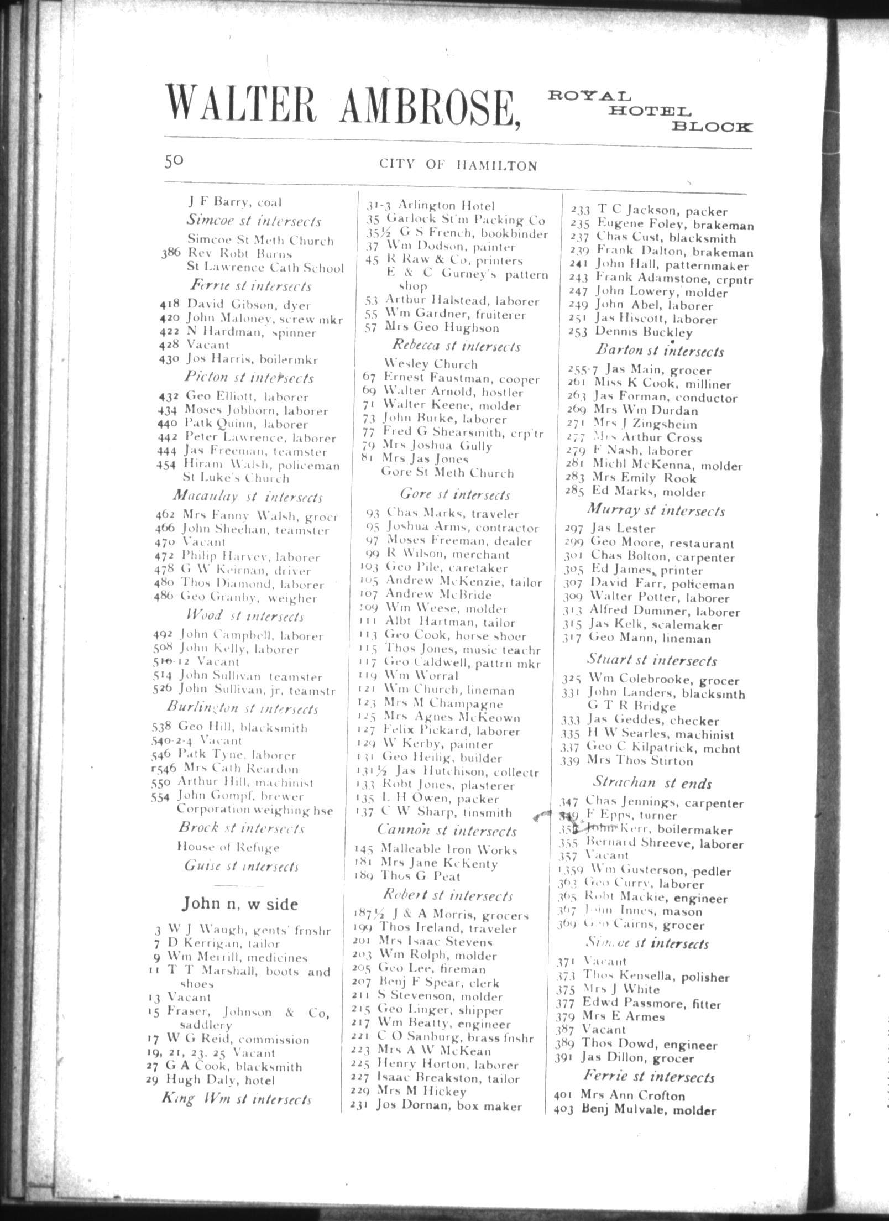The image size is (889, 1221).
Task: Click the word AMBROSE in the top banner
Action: tap(430, 106)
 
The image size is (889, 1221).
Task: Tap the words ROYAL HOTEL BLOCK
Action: tap(649, 111)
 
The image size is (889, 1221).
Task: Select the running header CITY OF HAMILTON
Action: tap(458, 165)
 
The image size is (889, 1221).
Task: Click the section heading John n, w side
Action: tap(240, 904)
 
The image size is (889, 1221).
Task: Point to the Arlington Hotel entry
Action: tap(431, 206)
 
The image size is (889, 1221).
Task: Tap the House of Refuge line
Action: tap(228, 847)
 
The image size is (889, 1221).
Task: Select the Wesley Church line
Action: tap(431, 364)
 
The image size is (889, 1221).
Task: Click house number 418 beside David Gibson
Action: tap(166, 304)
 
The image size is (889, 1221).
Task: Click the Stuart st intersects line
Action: tap(651, 660)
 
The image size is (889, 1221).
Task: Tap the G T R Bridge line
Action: tap(631, 707)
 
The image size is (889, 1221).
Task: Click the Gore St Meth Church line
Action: tap(447, 473)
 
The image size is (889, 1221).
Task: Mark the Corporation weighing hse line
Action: tap(254, 810)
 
